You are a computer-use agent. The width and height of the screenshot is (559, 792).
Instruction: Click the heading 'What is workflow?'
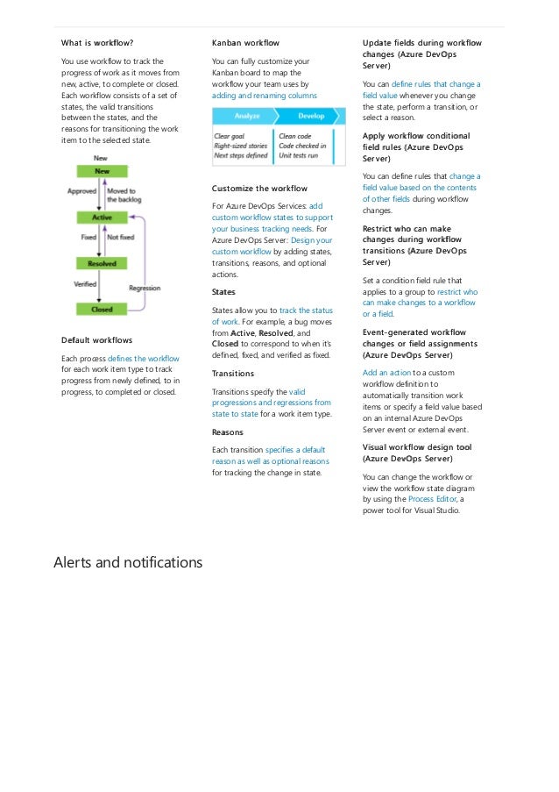coord(97,42)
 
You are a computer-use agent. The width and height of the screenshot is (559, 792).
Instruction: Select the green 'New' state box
coord(103,171)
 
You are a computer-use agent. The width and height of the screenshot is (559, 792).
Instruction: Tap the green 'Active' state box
coord(102,217)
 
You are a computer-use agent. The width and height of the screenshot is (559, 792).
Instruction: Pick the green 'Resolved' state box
coord(102,263)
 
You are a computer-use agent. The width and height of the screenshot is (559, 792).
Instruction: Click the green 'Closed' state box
coord(102,309)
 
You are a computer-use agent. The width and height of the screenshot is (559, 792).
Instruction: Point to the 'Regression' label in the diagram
coord(145,288)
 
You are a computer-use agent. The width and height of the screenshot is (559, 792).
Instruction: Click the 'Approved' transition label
coord(81,189)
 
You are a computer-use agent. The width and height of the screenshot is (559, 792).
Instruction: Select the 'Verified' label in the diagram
coord(85,283)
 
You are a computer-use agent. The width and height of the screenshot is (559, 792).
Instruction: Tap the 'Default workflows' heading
coord(96,340)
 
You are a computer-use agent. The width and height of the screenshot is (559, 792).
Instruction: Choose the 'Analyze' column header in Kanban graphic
coord(246,116)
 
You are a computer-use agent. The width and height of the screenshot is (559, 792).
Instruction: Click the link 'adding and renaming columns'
coord(265,95)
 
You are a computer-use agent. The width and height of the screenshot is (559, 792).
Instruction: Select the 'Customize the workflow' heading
coord(259,189)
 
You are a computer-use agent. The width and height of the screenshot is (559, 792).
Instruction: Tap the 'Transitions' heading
coord(233,373)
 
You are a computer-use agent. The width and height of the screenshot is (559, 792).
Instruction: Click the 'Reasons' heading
coord(228,432)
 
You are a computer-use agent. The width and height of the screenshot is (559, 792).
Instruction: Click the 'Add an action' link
coord(386,372)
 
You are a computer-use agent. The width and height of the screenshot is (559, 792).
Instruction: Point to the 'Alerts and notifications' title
coord(128,561)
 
